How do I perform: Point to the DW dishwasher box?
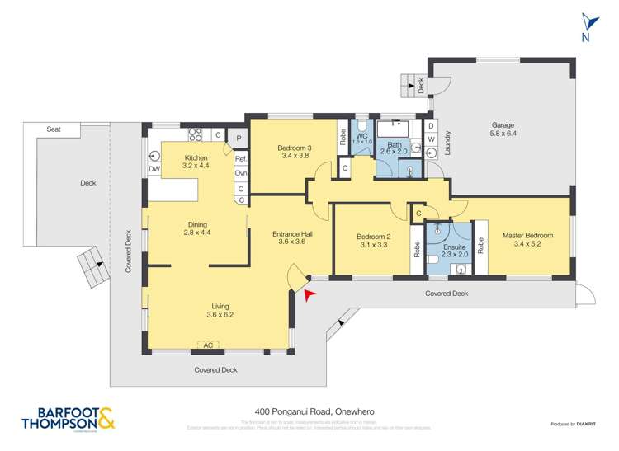(154, 170)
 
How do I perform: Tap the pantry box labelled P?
(239, 138)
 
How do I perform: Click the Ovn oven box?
(241, 173)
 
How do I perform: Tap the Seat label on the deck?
(54, 129)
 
